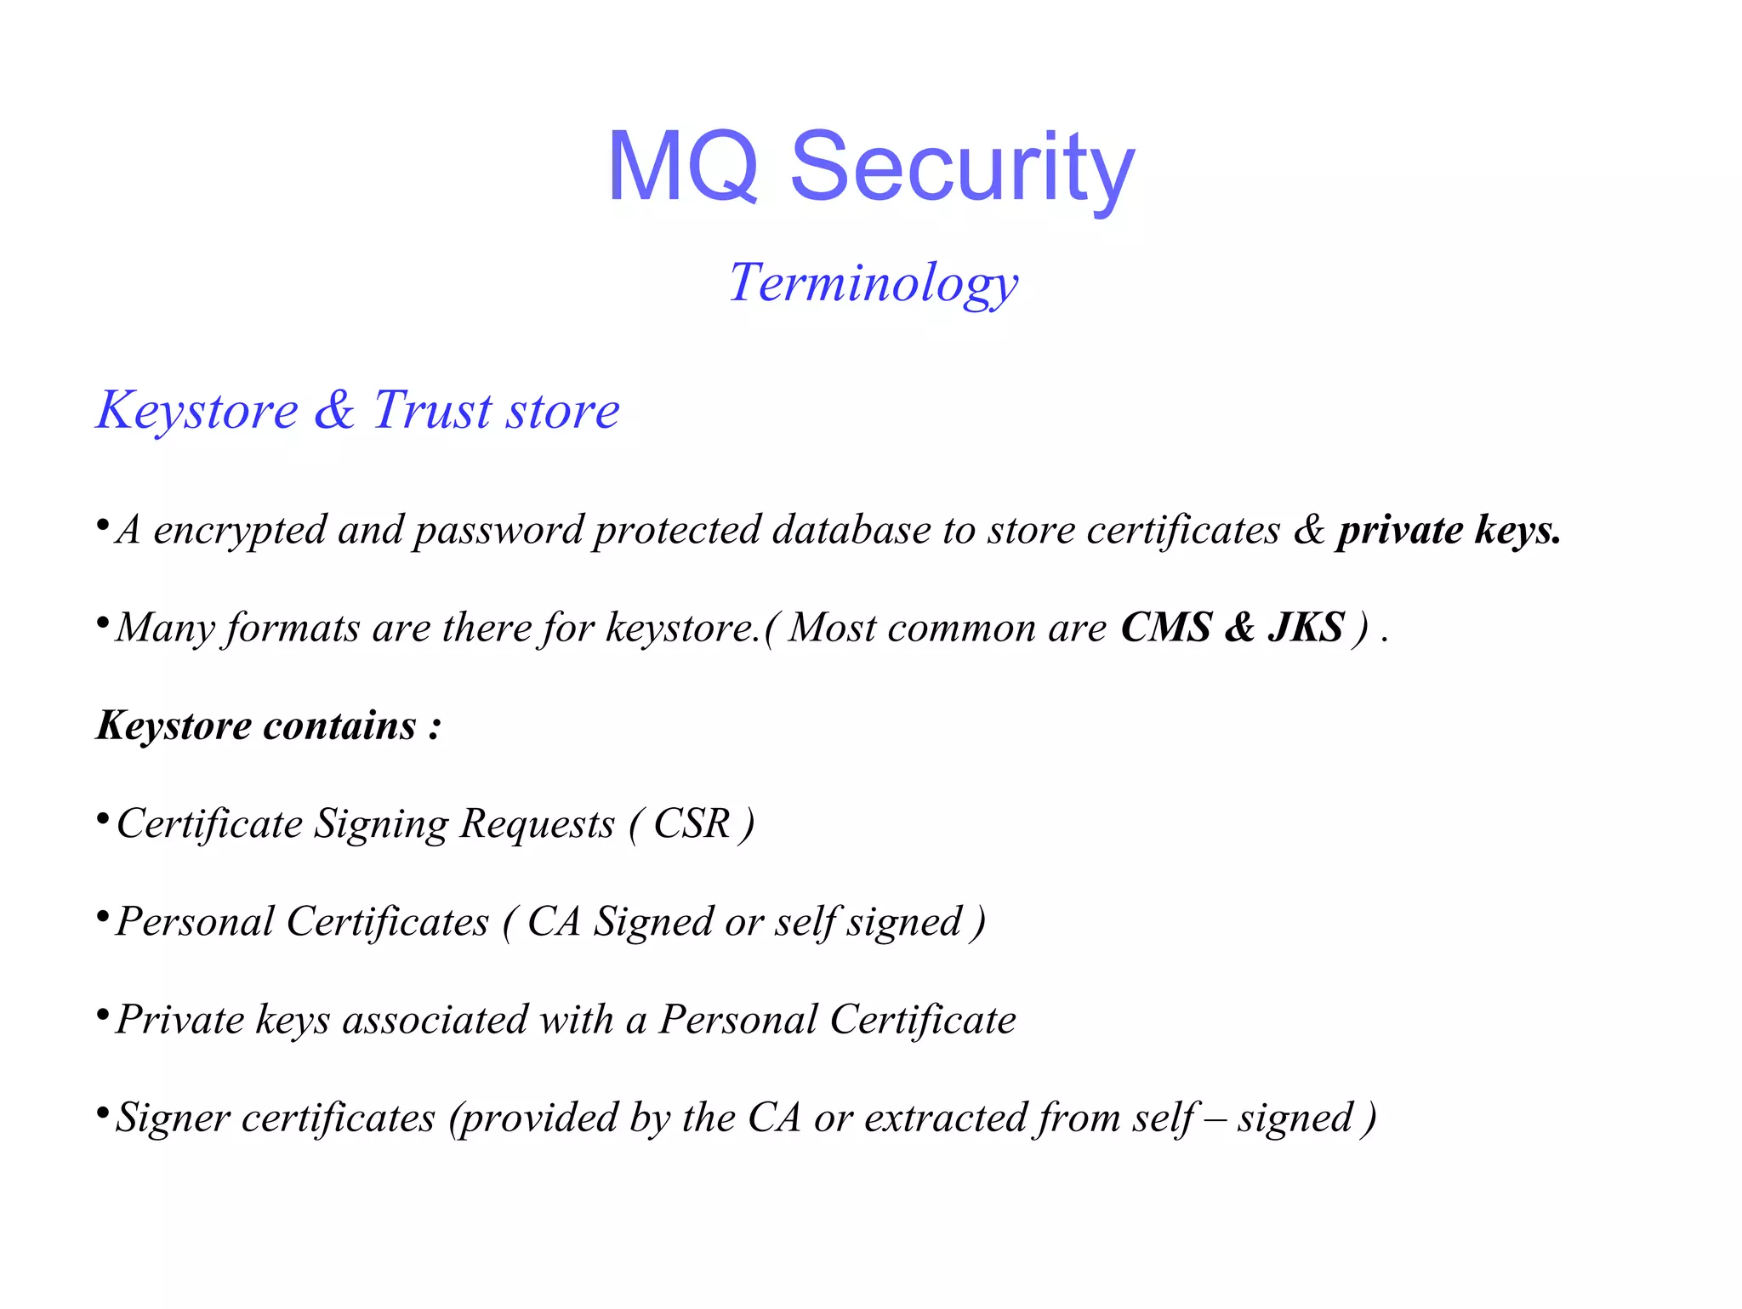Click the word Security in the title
click(962, 167)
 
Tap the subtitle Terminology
click(874, 282)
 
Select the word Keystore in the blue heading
click(197, 410)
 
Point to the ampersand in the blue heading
click(334, 410)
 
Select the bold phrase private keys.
click(1449, 530)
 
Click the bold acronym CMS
click(1165, 628)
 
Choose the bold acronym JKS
click(1306, 628)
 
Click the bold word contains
click(339, 726)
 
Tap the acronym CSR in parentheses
click(692, 823)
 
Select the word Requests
click(537, 823)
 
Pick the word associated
click(435, 1019)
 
